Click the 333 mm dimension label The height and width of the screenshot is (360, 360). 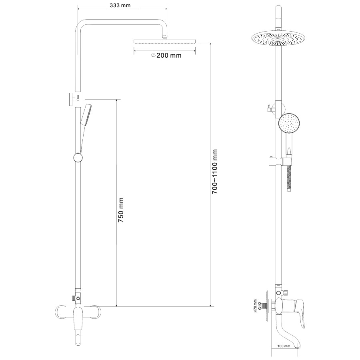(120, 6)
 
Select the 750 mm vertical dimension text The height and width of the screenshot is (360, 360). (121, 210)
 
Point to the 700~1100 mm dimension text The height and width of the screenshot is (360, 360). (215, 172)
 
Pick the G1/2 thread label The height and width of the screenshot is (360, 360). (260, 306)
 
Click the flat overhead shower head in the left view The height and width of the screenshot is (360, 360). (164, 41)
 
